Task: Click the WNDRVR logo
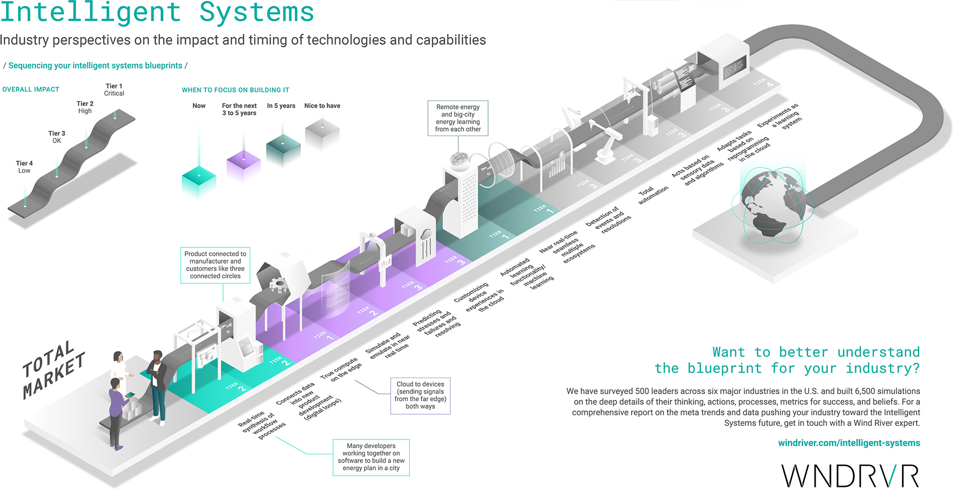pyautogui.click(x=850, y=476)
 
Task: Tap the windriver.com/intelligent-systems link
pyautogui.click(x=848, y=443)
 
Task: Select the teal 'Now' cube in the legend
pyautogui.click(x=198, y=181)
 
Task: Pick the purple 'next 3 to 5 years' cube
pyautogui.click(x=243, y=166)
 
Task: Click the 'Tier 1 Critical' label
pyautogui.click(x=114, y=90)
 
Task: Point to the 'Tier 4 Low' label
pyautogui.click(x=24, y=167)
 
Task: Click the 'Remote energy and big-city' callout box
pyautogui.click(x=458, y=118)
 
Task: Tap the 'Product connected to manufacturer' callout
pyautogui.click(x=215, y=265)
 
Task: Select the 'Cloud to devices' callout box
pyautogui.click(x=420, y=395)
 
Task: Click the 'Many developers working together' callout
pyautogui.click(x=371, y=457)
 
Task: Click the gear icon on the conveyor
pyautogui.click(x=277, y=285)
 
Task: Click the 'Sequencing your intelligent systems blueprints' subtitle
pyautogui.click(x=95, y=66)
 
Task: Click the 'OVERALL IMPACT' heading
pyautogui.click(x=31, y=89)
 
